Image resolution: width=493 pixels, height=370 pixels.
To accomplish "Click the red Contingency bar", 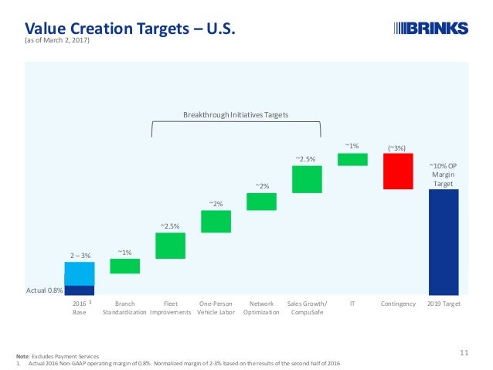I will point(398,171).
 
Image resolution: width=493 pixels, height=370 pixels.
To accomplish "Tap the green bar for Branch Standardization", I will point(124,266).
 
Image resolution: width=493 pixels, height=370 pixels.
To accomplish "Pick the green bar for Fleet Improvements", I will point(170,246).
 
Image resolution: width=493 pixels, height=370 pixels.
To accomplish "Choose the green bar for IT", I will point(352,159).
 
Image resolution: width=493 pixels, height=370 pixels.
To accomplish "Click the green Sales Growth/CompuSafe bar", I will point(307,178).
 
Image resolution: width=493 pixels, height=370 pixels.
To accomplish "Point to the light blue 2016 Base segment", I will point(79,273).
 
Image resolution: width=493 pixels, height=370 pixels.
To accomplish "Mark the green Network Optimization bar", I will point(261,202).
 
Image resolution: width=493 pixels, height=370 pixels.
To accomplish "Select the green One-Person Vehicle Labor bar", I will point(216,222).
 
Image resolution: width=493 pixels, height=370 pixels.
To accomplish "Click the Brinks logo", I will point(431,29).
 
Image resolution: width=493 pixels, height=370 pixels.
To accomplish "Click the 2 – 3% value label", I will point(79,254).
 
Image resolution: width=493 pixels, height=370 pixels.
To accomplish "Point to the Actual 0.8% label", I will point(45,290).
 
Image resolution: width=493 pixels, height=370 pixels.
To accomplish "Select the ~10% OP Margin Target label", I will point(443,175).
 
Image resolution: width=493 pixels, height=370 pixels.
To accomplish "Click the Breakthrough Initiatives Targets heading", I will point(235,114).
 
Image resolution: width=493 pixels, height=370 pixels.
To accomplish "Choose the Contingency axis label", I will point(398,304).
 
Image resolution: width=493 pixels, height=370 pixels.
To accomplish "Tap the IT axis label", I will point(352,304).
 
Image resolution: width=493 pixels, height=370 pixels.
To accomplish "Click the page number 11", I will point(464,353).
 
